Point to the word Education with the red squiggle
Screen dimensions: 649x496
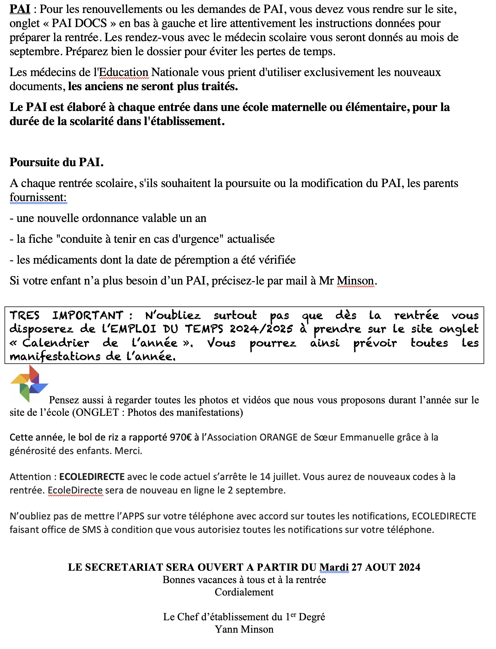pyautogui.click(x=124, y=72)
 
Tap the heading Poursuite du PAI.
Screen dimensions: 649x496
pyautogui.click(x=56, y=162)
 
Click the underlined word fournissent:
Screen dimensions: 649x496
pyautogui.click(x=38, y=197)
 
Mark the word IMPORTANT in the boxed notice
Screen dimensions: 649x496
pyautogui.click(x=88, y=316)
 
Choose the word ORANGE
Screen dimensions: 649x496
pyautogui.click(x=278, y=437)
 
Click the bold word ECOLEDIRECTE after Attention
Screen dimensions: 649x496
pyautogui.click(x=92, y=477)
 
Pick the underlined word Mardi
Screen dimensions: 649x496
pyautogui.click(x=334, y=567)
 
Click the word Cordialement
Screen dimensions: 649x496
pyautogui.click(x=244, y=592)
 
